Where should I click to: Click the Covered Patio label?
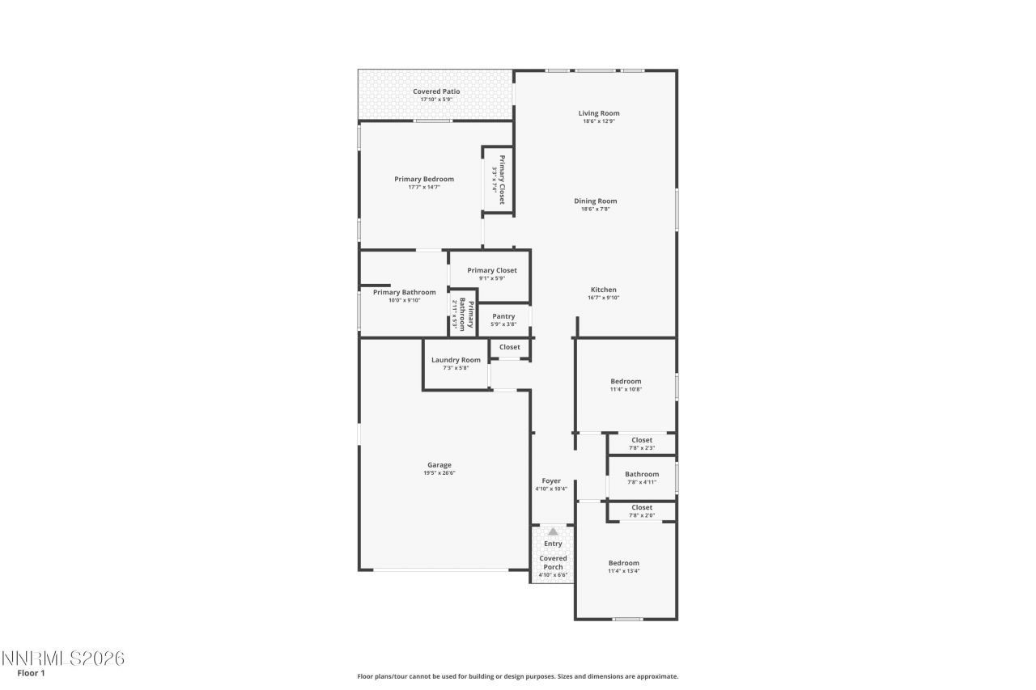(x=436, y=91)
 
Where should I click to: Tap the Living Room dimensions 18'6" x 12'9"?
(x=599, y=121)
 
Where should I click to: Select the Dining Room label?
(x=596, y=201)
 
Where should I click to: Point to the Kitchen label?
(x=603, y=290)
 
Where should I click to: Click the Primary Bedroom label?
(x=424, y=179)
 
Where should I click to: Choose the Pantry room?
(x=503, y=320)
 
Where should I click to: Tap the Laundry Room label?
(x=456, y=360)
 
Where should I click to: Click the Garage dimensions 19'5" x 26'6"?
(x=439, y=473)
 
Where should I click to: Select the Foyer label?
(x=551, y=481)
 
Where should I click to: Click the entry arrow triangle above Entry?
(x=553, y=531)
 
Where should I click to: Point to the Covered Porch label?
(x=553, y=562)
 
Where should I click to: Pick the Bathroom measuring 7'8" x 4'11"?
(x=642, y=478)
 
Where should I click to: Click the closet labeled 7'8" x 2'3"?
(x=642, y=443)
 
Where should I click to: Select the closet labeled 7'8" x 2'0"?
(x=642, y=511)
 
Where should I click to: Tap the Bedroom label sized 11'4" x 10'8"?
(x=626, y=381)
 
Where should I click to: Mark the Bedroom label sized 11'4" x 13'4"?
(x=624, y=563)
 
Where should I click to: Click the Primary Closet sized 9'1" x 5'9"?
(x=492, y=274)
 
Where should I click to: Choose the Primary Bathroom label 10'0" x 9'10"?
(x=405, y=292)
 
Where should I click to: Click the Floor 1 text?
(x=31, y=673)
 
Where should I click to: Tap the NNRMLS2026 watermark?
(x=62, y=658)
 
